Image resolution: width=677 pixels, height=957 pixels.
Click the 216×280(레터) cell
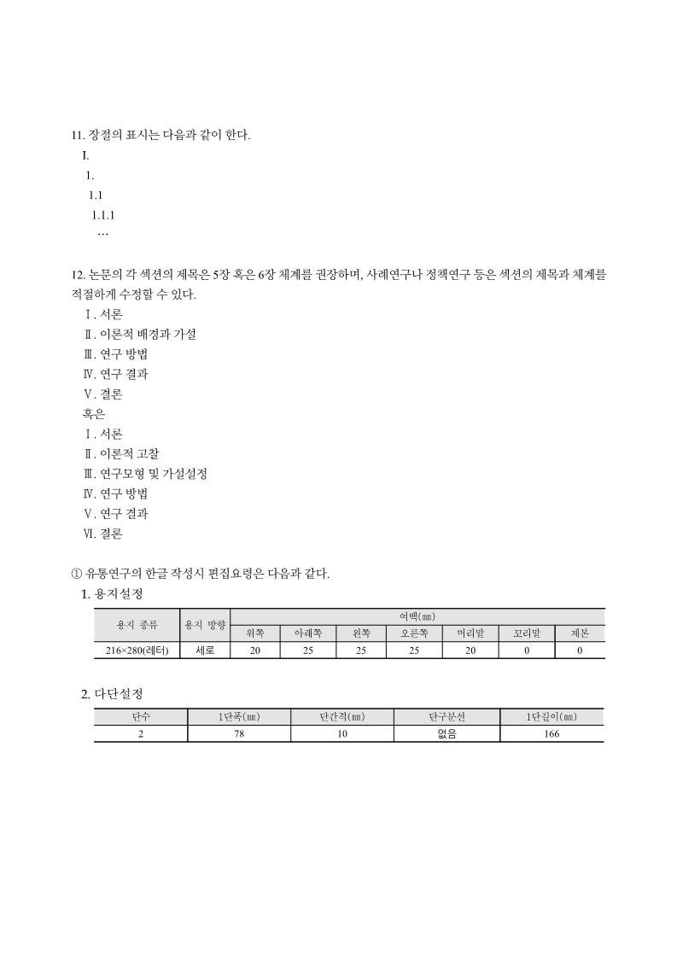tap(137, 651)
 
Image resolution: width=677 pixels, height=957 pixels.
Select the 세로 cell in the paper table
tap(205, 651)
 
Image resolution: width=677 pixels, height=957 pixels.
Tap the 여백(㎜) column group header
tap(417, 616)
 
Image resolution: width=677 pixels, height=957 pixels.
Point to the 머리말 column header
tap(470, 633)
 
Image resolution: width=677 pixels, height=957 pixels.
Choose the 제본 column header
tap(580, 633)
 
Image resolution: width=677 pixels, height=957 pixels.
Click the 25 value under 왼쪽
tap(361, 651)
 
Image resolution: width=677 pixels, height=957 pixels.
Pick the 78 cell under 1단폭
tap(239, 734)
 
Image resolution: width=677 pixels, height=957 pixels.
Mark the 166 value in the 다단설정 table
tap(552, 734)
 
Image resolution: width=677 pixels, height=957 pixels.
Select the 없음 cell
tap(446, 734)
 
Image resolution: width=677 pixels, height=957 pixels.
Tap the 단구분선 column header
tap(446, 717)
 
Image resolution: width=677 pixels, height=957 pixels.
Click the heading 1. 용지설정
tap(111, 593)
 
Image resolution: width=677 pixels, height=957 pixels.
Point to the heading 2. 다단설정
tap(111, 693)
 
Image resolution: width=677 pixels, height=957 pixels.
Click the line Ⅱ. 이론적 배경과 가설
tap(139, 334)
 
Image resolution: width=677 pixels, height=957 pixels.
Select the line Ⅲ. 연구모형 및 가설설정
tap(145, 473)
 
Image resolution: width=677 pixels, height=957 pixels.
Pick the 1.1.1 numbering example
tap(103, 215)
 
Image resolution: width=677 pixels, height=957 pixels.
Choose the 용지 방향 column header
tap(205, 625)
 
